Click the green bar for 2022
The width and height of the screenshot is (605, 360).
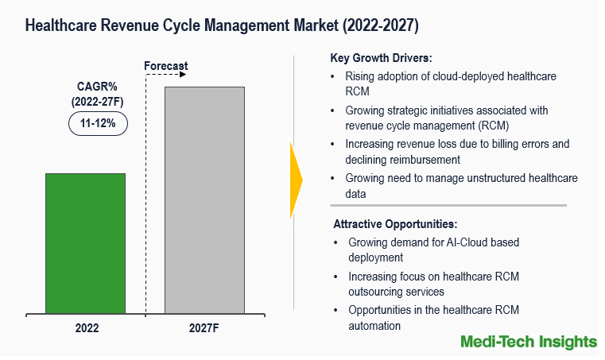click(85, 243)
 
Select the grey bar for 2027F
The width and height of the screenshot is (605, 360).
click(204, 199)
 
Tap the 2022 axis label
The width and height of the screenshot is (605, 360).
click(86, 327)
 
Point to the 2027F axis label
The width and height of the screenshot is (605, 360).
click(204, 327)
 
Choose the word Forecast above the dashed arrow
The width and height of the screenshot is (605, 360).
click(166, 65)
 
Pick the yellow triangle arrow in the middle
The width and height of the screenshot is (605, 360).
click(296, 180)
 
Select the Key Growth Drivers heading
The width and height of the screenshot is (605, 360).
click(381, 58)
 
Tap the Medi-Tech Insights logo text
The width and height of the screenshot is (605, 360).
click(528, 342)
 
